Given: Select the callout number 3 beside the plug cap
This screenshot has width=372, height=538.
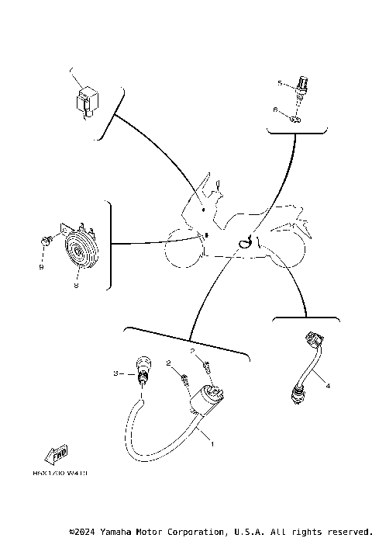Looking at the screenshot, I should click(115, 374).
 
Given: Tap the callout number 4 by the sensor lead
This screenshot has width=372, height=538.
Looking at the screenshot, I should click(328, 386).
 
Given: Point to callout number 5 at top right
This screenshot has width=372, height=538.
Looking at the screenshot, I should click(280, 82).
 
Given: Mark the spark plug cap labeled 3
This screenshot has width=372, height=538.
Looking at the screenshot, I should click(143, 368).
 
